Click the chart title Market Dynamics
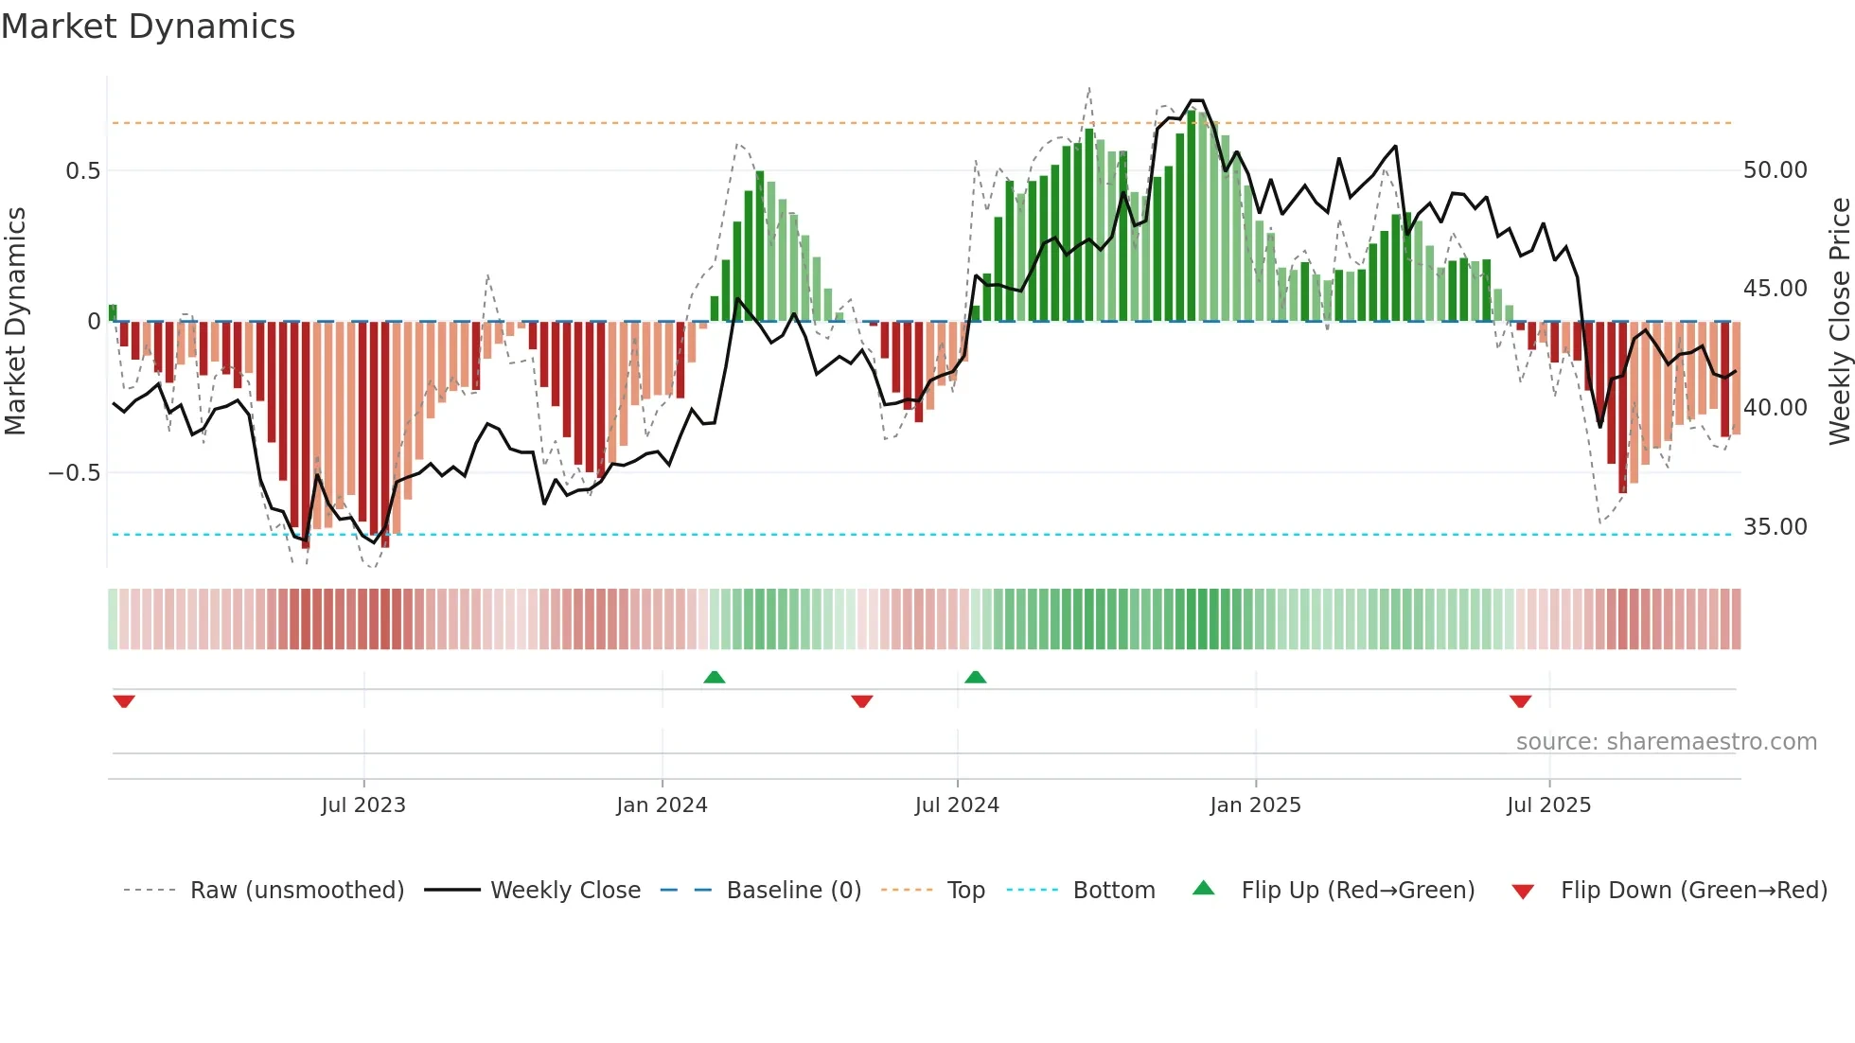(x=148, y=27)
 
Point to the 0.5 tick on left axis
(x=82, y=171)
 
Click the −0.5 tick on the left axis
(x=74, y=473)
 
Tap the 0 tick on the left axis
(x=94, y=322)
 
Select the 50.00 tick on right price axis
(x=1775, y=170)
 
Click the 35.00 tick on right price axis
(x=1775, y=527)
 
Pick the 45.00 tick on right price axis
(x=1775, y=289)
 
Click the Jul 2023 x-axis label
(x=363, y=805)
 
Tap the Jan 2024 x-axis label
(x=662, y=805)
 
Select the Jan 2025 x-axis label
(x=1255, y=805)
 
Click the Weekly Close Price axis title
(x=1839, y=322)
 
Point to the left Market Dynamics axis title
(x=15, y=322)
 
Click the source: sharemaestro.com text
(x=1666, y=742)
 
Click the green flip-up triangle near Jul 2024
(x=975, y=678)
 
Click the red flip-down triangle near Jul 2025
(x=1520, y=701)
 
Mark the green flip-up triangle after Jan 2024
(x=715, y=678)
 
